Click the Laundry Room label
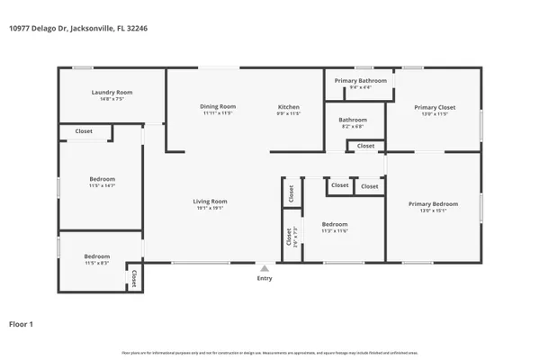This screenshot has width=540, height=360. [x=112, y=93]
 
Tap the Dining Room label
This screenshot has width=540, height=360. [x=218, y=107]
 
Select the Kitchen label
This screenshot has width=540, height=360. [x=288, y=107]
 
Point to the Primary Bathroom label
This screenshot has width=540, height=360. [x=360, y=81]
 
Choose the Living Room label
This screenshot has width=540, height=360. [x=210, y=201]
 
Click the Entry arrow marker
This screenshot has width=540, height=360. [x=264, y=267]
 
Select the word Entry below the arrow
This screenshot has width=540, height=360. [x=264, y=279]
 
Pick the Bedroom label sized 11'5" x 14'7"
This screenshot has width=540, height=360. [x=102, y=178]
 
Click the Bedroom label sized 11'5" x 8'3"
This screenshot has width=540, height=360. [x=96, y=256]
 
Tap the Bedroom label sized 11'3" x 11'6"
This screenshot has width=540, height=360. [x=335, y=224]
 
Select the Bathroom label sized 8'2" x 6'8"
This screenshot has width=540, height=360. [x=353, y=120]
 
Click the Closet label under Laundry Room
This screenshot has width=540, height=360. [x=84, y=131]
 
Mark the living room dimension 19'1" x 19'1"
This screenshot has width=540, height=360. [x=210, y=208]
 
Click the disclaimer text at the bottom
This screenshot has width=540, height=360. [x=270, y=352]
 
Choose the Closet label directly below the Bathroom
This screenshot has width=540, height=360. [x=366, y=146]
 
